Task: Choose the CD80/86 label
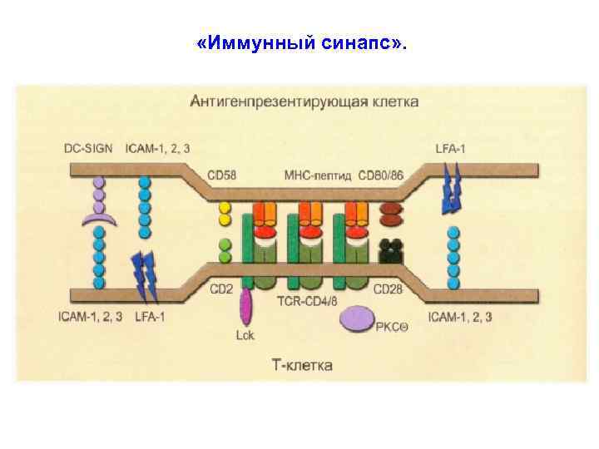tap(382, 175)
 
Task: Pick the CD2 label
tap(220, 289)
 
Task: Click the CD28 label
tap(388, 289)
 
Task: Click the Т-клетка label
tap(303, 365)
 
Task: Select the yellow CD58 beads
tap(224, 214)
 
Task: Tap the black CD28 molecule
tap(389, 250)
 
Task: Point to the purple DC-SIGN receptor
tap(99, 204)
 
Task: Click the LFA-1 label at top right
tap(453, 148)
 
